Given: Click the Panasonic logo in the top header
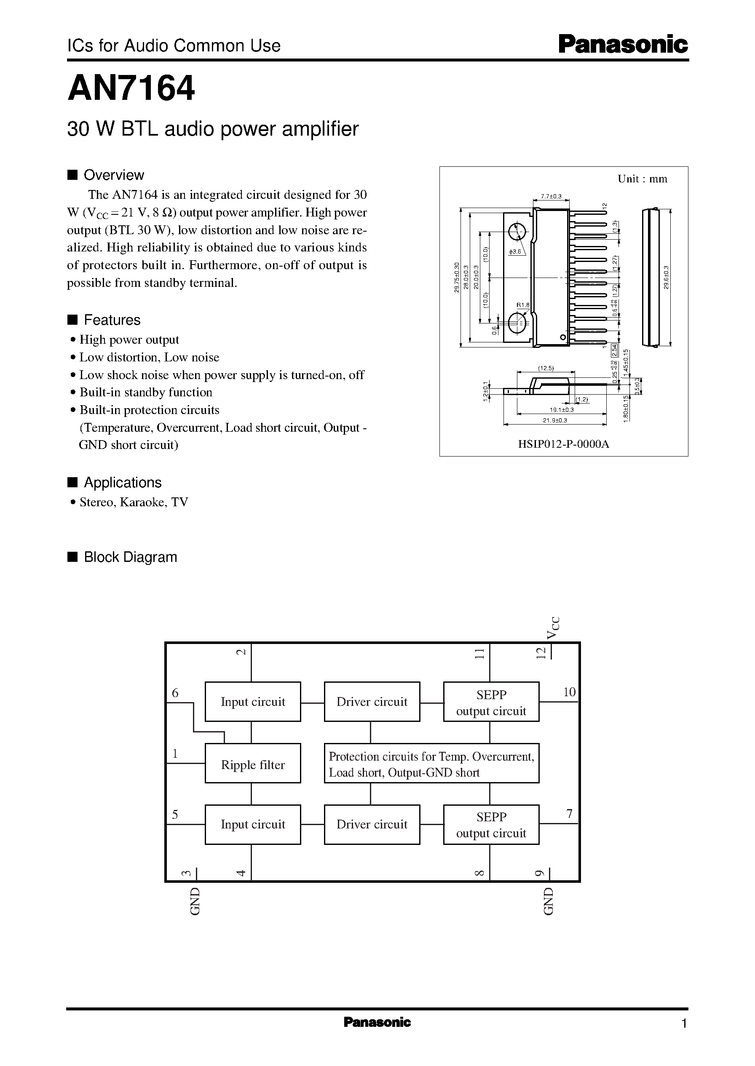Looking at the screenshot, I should pyautogui.click(x=623, y=45).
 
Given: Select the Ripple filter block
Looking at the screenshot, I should pyautogui.click(x=252, y=765).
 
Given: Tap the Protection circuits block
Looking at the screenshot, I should pyautogui.click(x=431, y=764).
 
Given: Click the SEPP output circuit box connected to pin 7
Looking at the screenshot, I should pyautogui.click(x=491, y=825).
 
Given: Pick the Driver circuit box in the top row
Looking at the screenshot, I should pyautogui.click(x=372, y=702).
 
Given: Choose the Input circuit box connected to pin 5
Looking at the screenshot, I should pyautogui.click(x=252, y=824).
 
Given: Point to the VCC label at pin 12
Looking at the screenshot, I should pyautogui.click(x=553, y=628).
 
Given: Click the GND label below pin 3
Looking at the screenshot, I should pyautogui.click(x=195, y=901).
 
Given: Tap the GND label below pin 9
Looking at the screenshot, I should pyautogui.click(x=549, y=901).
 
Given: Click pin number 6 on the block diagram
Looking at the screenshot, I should pyautogui.click(x=175, y=693).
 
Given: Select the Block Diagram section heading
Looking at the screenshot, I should pyautogui.click(x=130, y=557).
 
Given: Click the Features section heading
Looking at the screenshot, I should pyautogui.click(x=112, y=320).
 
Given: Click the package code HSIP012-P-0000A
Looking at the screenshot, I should pyautogui.click(x=563, y=444).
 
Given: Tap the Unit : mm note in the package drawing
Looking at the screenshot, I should pyautogui.click(x=642, y=179).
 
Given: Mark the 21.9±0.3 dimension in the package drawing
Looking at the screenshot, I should pyautogui.click(x=555, y=420).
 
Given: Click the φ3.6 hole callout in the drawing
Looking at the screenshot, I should pyautogui.click(x=515, y=252).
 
